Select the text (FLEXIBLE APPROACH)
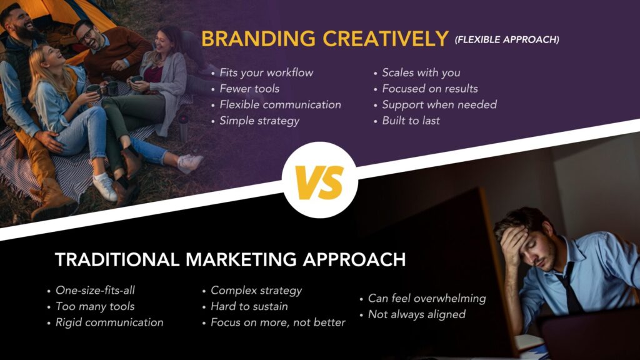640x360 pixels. pos(506,40)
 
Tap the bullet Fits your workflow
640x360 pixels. pos(266,72)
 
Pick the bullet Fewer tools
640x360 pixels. pos(249,89)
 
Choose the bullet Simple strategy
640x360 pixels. pos(259,121)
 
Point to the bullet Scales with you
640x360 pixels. pos(421,72)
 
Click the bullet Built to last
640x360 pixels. pos(411,121)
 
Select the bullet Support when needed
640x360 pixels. pos(439,104)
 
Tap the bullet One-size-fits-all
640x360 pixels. pos(95,290)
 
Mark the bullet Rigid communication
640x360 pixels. pos(109,322)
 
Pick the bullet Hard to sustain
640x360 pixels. pos(249,306)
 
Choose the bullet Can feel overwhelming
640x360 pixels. pos(426,298)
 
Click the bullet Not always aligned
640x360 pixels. pos(416,314)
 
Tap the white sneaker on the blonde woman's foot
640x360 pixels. pos(104,187)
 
